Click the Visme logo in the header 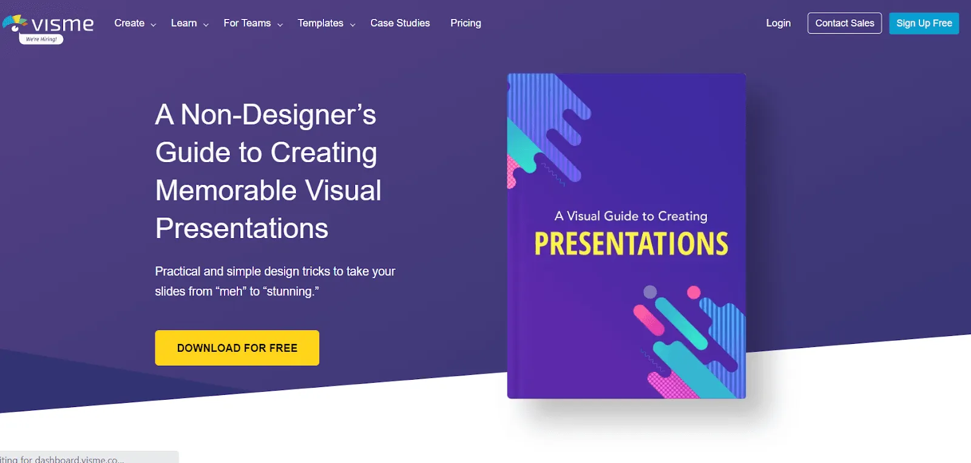[x=49, y=24]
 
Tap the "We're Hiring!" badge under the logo [x=41, y=39]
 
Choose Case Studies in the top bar [x=400, y=23]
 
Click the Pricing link [x=465, y=23]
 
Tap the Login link [x=778, y=23]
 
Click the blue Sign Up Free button [x=924, y=23]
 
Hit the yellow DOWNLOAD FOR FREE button [x=237, y=348]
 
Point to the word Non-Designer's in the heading [x=278, y=115]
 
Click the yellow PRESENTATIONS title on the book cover [x=631, y=244]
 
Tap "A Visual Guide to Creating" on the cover [x=631, y=216]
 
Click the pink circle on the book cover [x=694, y=292]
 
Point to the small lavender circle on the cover [x=650, y=292]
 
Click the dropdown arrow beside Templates [x=353, y=25]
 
